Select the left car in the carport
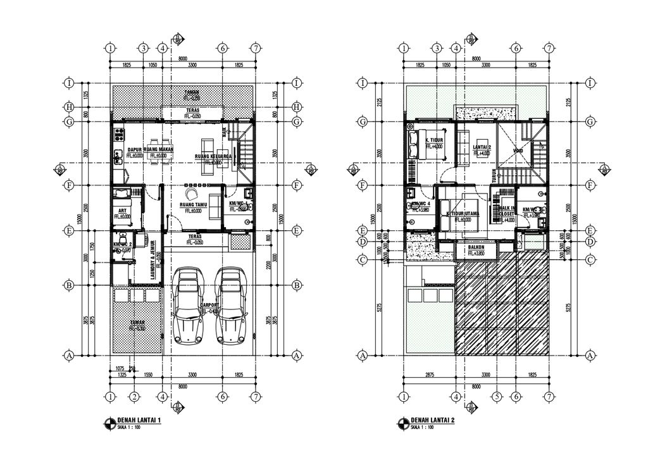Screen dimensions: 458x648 pos(189,305)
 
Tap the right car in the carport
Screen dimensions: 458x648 pos(232,305)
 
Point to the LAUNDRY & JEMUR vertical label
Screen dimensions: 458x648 pos(152,259)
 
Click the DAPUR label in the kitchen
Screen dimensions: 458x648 pos(134,150)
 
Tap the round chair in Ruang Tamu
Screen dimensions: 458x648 pos(192,194)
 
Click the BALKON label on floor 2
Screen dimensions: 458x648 pos(476,247)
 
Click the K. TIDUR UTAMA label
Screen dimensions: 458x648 pos(463,214)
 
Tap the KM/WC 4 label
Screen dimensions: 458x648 pos(420,204)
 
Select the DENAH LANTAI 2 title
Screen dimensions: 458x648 pos(432,420)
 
